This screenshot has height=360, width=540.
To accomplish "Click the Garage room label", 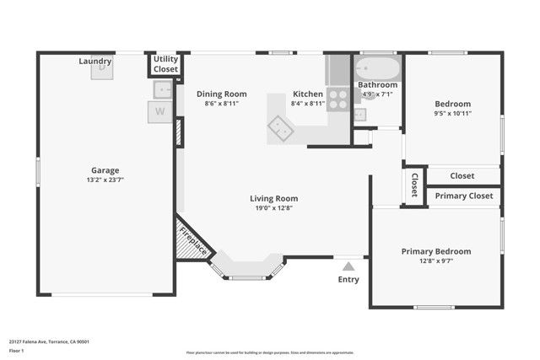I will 105,169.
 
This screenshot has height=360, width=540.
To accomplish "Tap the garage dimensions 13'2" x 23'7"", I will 105,180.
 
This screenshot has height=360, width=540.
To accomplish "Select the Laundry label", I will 95,62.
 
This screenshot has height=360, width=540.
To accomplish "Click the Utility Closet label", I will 165,64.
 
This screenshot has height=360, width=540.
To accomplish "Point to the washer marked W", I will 159,111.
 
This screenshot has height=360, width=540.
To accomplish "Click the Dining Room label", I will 222,94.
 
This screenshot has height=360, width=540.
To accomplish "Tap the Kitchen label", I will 307,94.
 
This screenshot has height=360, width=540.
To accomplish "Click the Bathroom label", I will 377,85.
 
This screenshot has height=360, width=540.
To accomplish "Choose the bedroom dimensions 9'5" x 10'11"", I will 452,113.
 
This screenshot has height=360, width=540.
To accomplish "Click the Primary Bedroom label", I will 435,251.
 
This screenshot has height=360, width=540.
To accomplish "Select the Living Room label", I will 273,199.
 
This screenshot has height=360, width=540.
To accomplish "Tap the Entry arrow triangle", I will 348,266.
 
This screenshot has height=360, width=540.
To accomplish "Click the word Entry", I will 348,279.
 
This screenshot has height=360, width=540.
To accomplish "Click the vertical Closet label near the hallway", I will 414,185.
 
